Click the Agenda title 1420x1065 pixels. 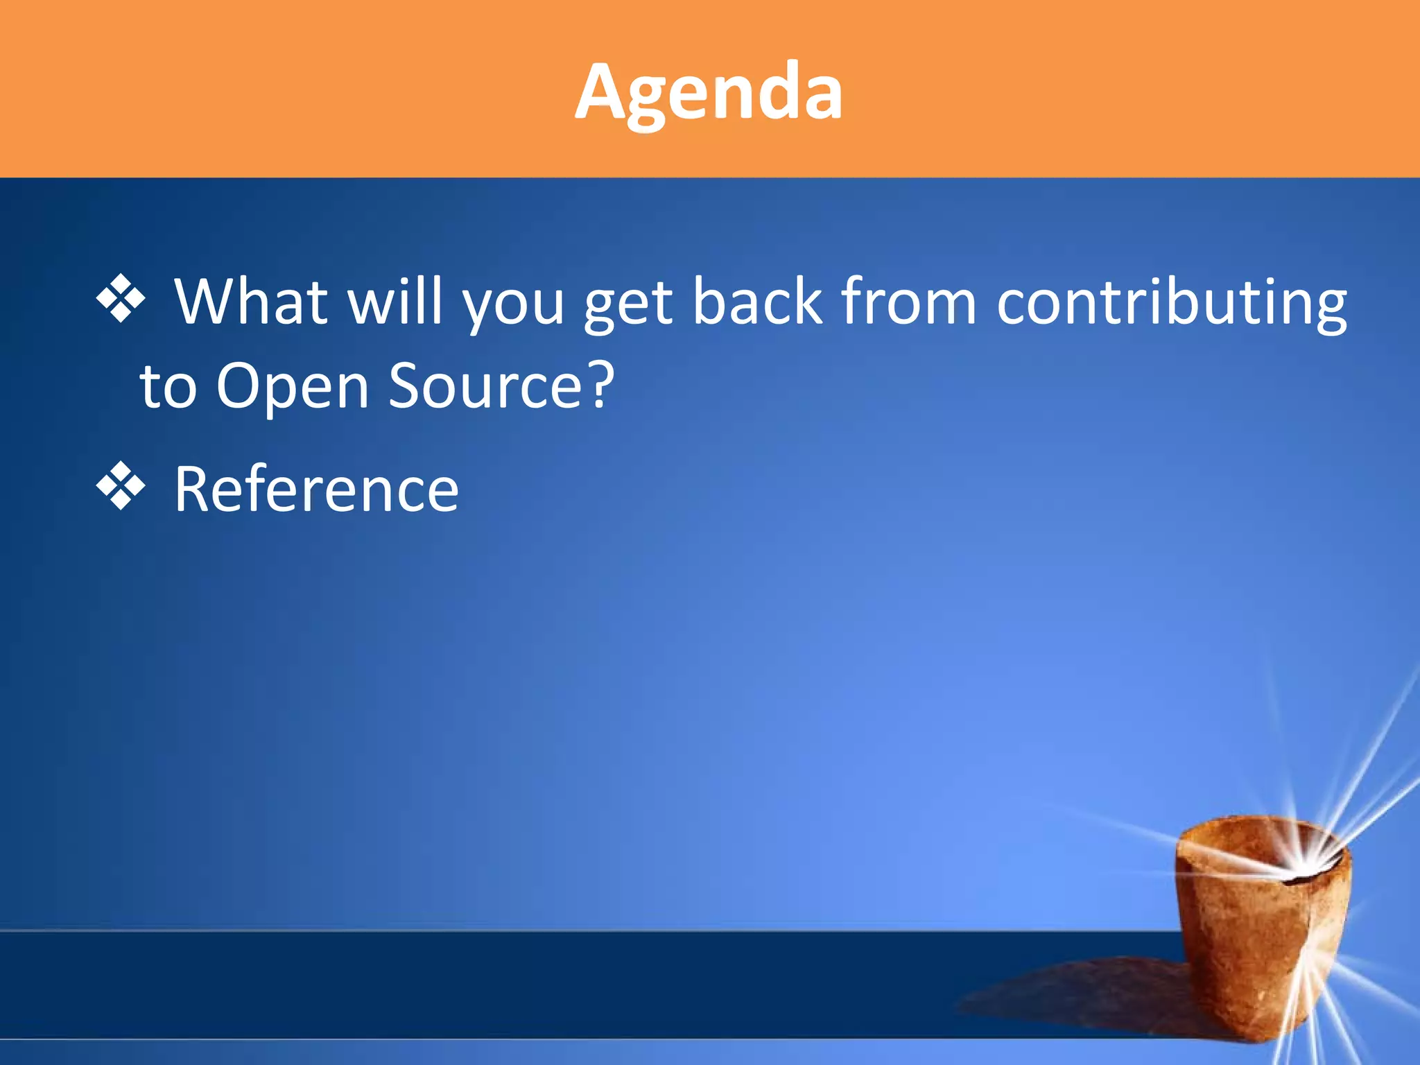(709, 92)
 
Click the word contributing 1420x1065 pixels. (1172, 302)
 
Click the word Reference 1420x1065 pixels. (316, 490)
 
